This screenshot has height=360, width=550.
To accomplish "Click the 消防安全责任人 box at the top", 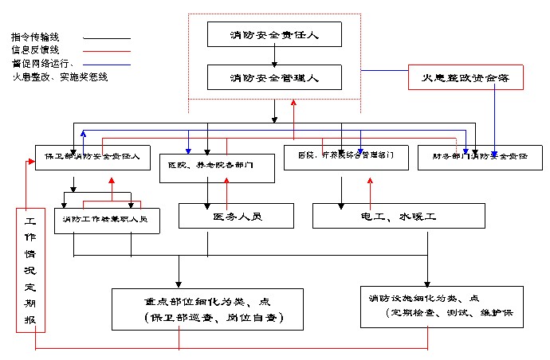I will coord(273,34).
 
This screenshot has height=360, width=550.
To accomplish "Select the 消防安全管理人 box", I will coord(273,77).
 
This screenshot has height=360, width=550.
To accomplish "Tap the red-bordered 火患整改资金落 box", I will coord(464,76).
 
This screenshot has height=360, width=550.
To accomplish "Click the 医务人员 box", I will coord(236,216).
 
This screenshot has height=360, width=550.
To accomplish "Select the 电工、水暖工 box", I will coord(399,216).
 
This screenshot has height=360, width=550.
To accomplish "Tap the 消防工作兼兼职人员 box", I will coord(106,219).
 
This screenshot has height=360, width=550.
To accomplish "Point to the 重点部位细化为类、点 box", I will coord(207,309).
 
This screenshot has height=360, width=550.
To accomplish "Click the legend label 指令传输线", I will coord(35,37).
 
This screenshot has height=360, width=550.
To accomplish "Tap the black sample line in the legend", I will coord(107,37).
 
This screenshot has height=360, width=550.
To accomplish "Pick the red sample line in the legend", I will coord(107,50).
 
